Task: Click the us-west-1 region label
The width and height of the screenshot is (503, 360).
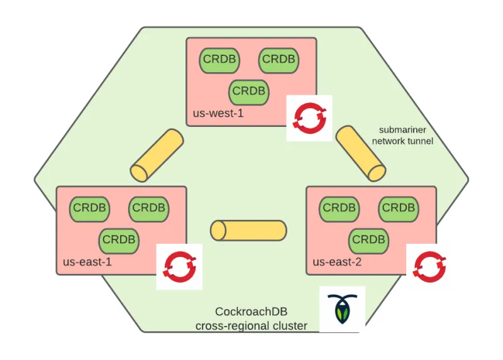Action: [x=218, y=114]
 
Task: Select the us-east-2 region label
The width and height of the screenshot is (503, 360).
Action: [x=336, y=261]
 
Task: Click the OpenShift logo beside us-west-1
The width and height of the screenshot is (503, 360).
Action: [x=309, y=117]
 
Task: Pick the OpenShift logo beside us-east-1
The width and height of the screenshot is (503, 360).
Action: [x=179, y=266]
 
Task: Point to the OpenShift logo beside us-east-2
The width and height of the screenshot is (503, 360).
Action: [x=429, y=265]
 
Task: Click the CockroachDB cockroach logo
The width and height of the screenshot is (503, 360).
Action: [x=342, y=310]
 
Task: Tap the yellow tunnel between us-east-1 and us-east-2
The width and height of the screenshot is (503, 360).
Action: [x=248, y=230]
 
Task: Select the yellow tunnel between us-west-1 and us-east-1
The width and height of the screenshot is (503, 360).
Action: [x=157, y=155]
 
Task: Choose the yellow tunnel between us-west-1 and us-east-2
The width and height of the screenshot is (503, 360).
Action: [x=360, y=153]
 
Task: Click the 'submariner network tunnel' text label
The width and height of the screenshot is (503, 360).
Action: [x=402, y=135]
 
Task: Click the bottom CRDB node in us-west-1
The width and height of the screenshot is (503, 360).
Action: [x=249, y=91]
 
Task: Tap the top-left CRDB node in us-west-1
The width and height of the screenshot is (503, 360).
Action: [x=219, y=59]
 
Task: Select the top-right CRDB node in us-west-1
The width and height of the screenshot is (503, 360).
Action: [x=279, y=59]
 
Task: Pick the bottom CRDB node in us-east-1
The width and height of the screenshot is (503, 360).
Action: [x=119, y=239]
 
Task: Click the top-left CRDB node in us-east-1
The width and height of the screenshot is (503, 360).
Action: [x=89, y=207]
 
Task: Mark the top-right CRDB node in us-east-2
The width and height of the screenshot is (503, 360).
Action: [x=399, y=207]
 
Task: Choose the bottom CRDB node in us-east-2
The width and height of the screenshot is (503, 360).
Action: [x=368, y=239]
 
